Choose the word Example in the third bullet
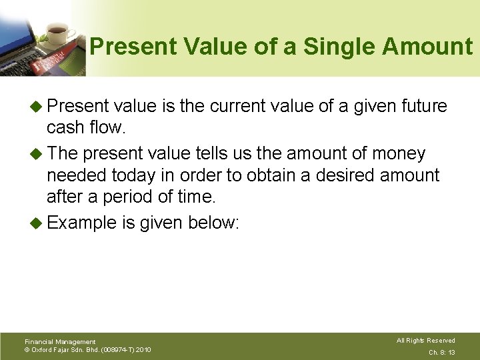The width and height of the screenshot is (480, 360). pyautogui.click(x=82, y=223)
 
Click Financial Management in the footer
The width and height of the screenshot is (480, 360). pyautogui.click(x=59, y=341)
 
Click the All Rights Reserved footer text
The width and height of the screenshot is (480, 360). pyautogui.click(x=425, y=341)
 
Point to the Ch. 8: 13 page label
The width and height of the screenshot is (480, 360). pyautogui.click(x=441, y=351)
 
